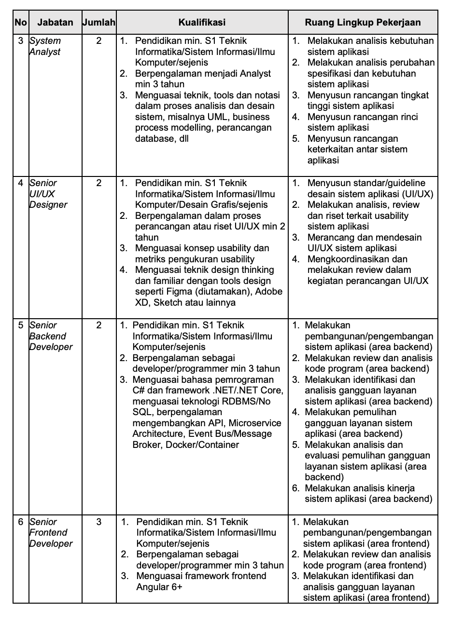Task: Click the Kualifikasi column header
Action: click(x=202, y=22)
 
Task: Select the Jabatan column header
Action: click(x=55, y=22)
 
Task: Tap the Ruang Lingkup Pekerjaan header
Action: click(x=363, y=22)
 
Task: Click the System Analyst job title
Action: click(x=45, y=46)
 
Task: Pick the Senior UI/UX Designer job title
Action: click(x=48, y=194)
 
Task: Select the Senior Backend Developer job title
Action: click(x=51, y=336)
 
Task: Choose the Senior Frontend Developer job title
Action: click(x=51, y=532)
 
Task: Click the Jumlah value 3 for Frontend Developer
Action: click(x=99, y=522)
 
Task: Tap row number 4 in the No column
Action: click(x=21, y=183)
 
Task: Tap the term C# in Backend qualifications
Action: click(x=140, y=390)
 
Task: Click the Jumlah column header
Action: click(x=99, y=22)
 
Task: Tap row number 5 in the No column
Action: click(x=21, y=325)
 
